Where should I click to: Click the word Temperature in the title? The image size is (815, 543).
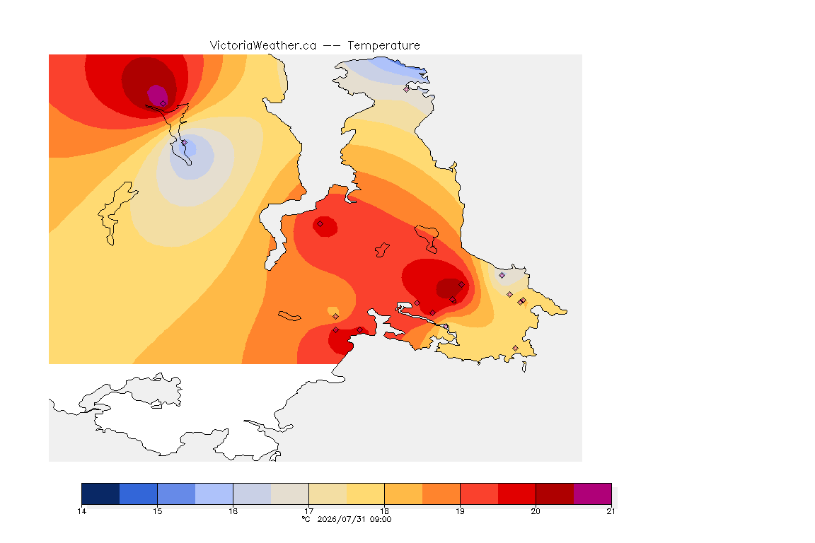click(x=383, y=45)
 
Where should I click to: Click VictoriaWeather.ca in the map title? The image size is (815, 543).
click(x=263, y=45)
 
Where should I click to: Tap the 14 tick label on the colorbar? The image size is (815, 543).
click(x=81, y=511)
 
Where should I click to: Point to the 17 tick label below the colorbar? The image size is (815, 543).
click(x=308, y=511)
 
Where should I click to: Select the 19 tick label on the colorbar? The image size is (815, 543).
click(x=460, y=511)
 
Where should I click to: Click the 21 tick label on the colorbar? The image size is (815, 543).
click(x=611, y=511)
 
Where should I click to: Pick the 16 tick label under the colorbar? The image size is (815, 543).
click(x=233, y=511)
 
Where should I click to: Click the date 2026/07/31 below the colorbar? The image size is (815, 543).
click(x=341, y=519)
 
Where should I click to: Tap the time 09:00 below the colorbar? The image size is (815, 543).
click(x=380, y=519)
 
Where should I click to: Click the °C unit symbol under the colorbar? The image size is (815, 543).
click(x=306, y=519)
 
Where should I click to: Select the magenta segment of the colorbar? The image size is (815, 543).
click(x=593, y=494)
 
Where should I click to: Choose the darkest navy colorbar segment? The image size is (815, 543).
click(x=101, y=494)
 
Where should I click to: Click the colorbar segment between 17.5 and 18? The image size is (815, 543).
click(x=365, y=494)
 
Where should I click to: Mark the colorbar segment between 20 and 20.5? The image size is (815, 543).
click(x=555, y=494)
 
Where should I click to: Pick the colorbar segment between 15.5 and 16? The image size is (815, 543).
click(x=214, y=494)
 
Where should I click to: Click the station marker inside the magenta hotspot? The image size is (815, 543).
click(x=163, y=103)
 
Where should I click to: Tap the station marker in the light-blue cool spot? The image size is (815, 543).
click(x=185, y=142)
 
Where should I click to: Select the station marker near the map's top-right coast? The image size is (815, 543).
click(x=407, y=89)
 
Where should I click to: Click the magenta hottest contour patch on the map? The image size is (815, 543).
click(x=157, y=95)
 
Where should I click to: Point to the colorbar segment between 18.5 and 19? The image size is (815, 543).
click(x=441, y=494)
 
